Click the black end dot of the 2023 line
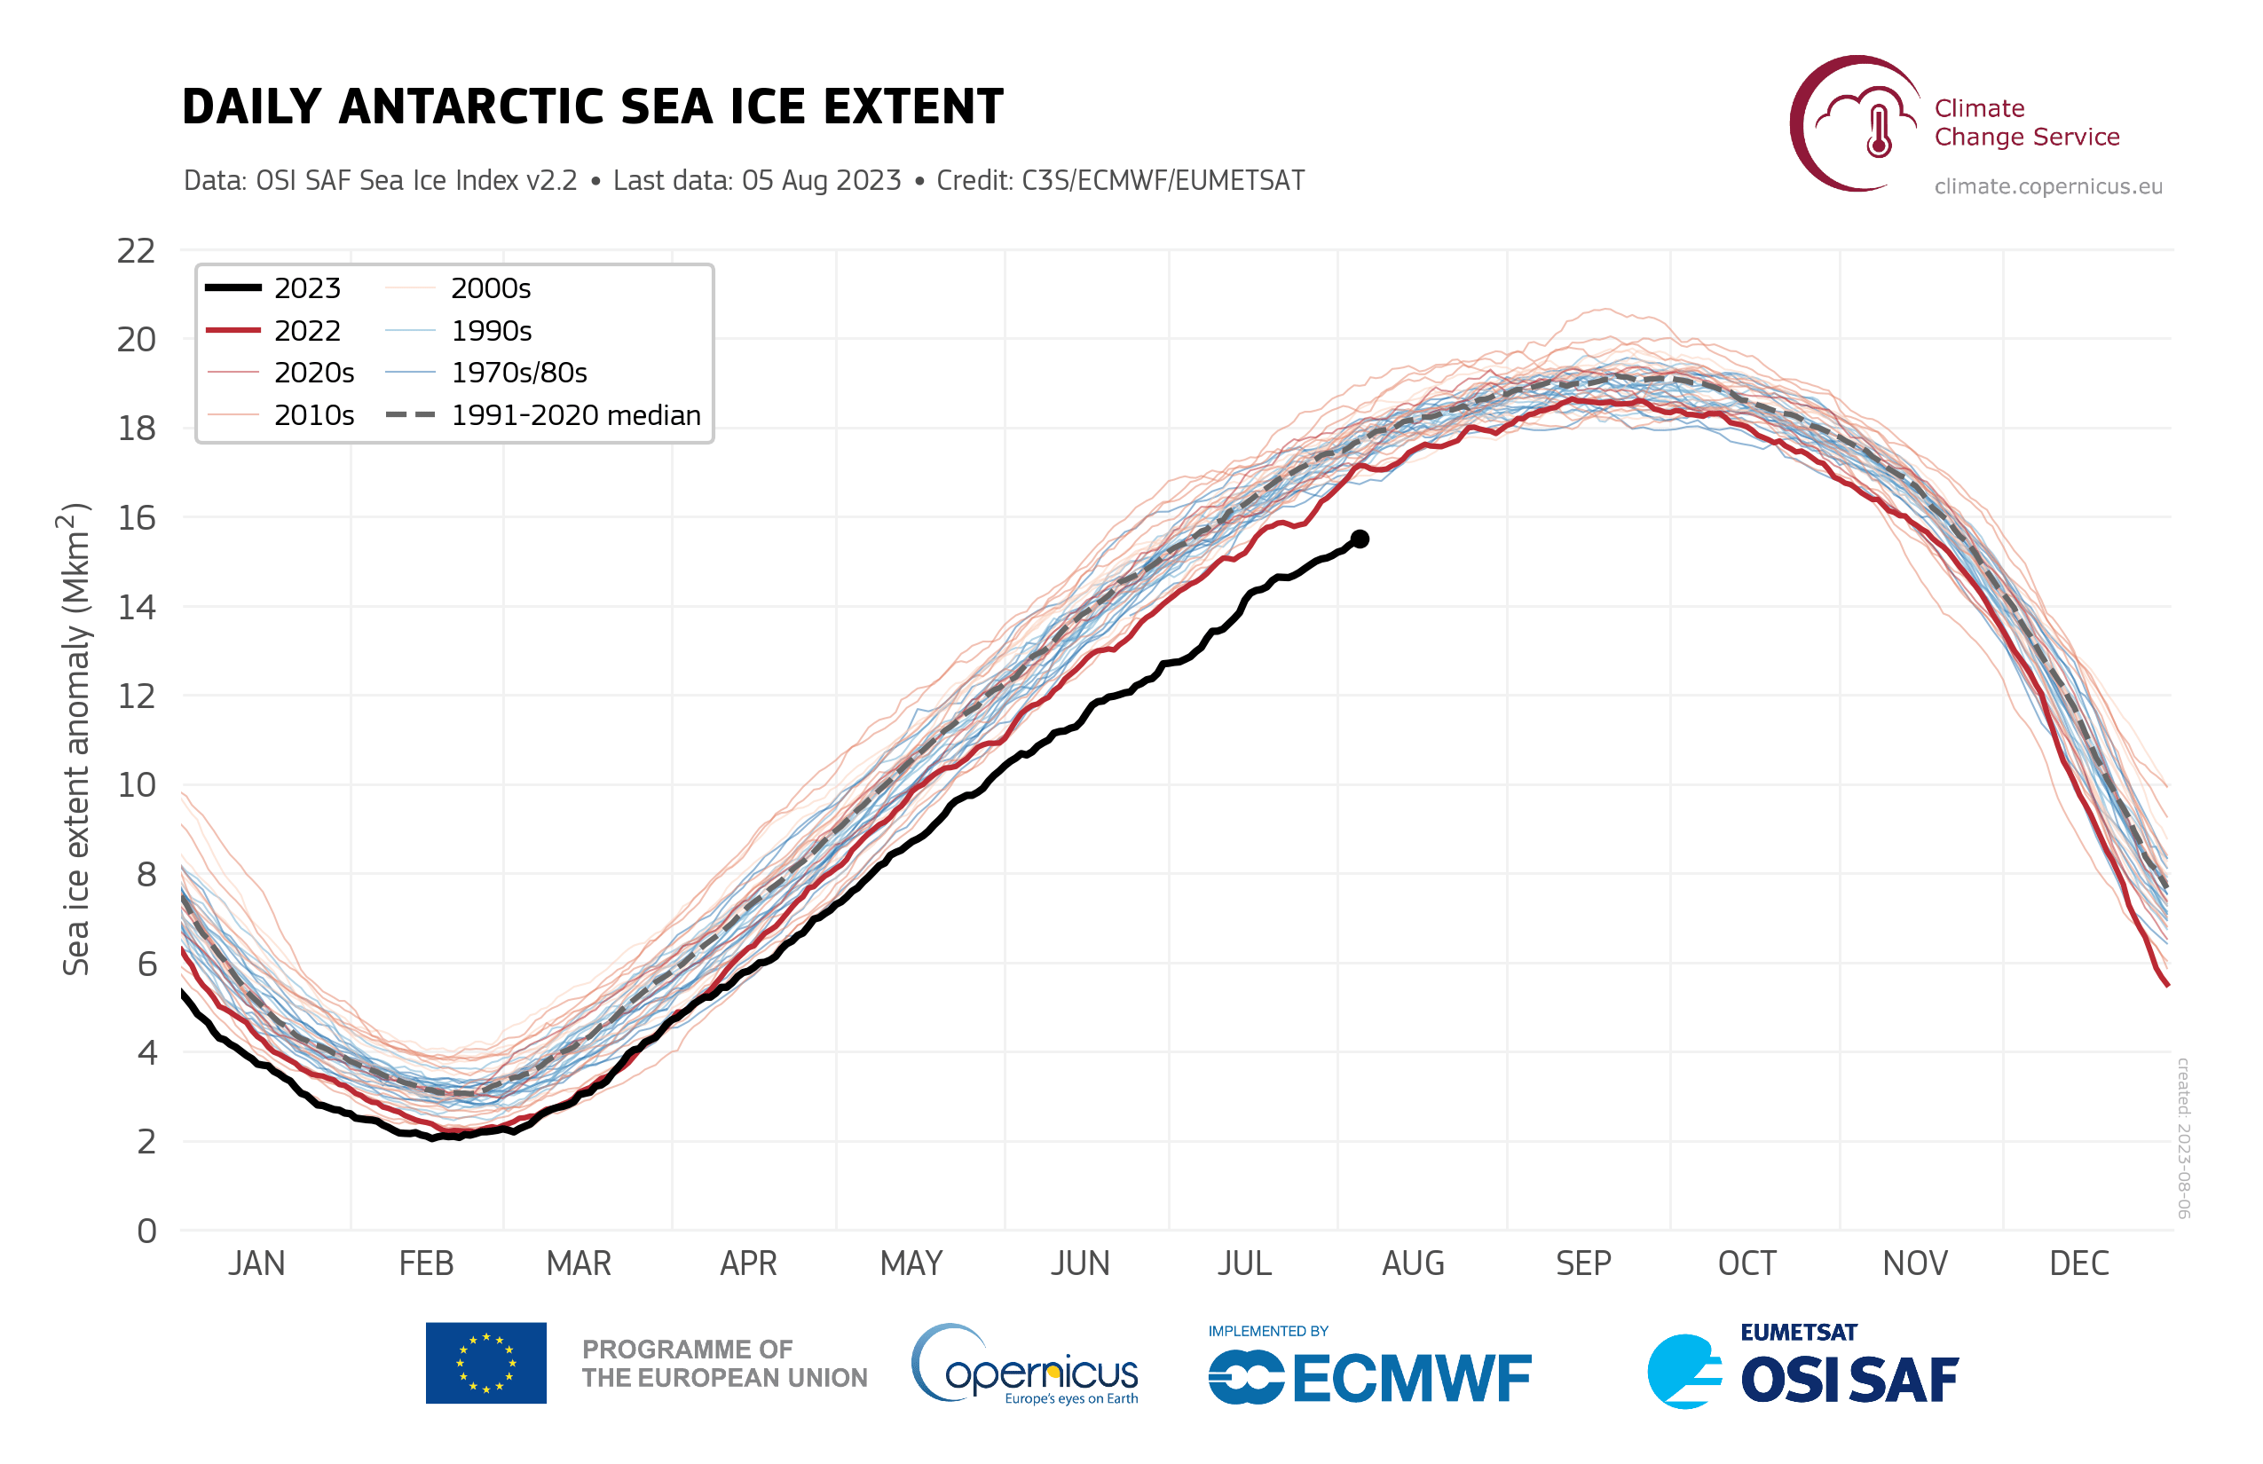pos(1360,539)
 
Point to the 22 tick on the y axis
pos(135,251)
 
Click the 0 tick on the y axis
pos(146,1232)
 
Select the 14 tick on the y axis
pos(135,608)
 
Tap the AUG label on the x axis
pos(1413,1263)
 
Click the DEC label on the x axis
pos(2079,1263)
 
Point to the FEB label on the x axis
pos(426,1263)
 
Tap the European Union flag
pos(486,1363)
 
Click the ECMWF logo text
pos(1412,1380)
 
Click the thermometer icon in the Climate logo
pos(1879,131)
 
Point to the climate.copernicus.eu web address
pos(2048,186)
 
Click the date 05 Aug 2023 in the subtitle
pos(821,181)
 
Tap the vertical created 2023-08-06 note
pos(2184,1137)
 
